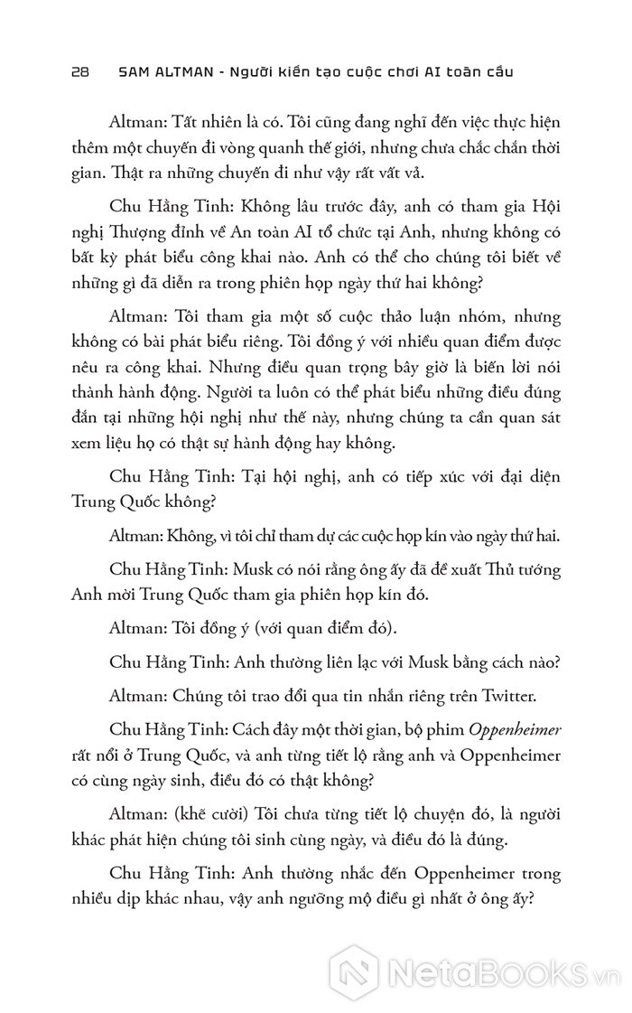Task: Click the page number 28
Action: click(77, 71)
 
